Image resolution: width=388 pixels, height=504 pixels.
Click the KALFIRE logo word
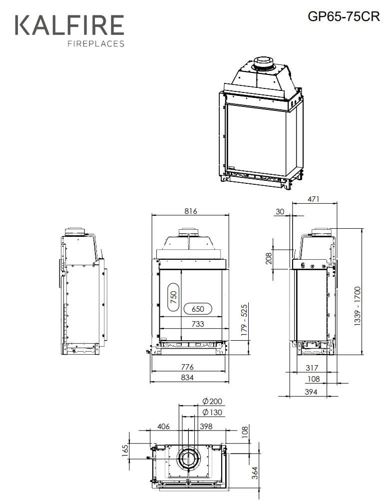pos(69,25)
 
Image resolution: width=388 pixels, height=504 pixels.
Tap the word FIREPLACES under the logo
pos(95,44)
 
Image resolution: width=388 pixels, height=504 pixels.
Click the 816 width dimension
pos(190,211)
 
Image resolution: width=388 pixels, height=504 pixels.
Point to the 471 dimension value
pos(313,199)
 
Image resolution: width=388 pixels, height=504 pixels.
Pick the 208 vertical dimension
pos(269,258)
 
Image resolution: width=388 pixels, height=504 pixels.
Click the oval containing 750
pos(173,298)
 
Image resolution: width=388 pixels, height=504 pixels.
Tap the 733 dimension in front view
pos(198,324)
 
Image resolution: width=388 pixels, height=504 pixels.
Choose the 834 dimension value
pos(187,378)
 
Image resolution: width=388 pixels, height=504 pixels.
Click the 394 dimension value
pos(311,392)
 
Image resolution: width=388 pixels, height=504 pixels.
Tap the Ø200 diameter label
pos(212,402)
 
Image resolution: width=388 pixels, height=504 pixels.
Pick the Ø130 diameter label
pos(212,412)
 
